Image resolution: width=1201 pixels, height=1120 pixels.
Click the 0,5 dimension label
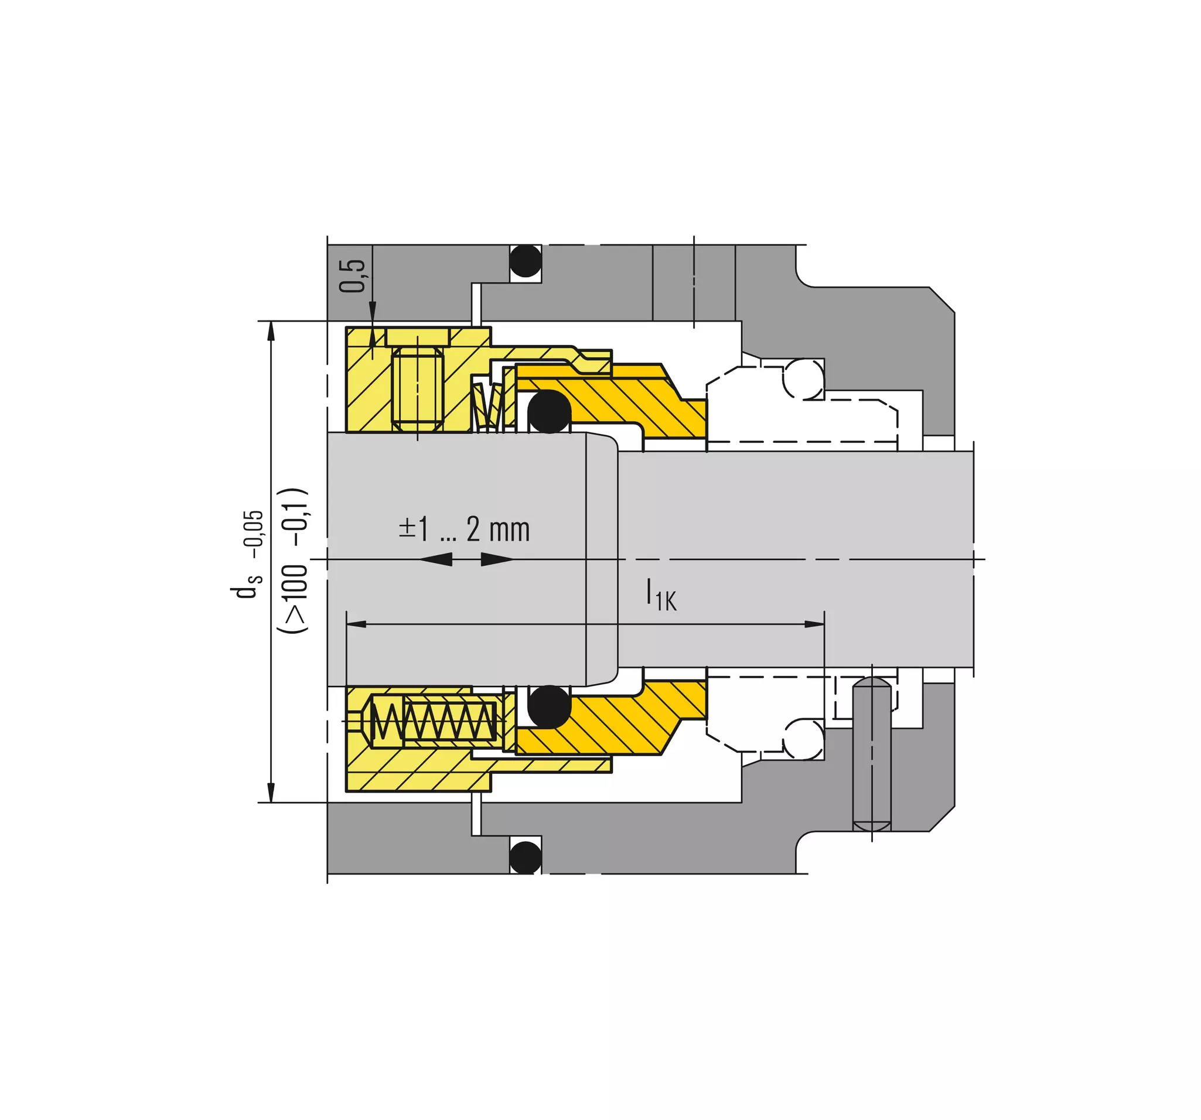coord(352,275)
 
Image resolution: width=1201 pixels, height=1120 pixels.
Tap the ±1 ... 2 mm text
coord(464,529)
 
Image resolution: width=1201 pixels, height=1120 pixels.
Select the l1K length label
coord(661,595)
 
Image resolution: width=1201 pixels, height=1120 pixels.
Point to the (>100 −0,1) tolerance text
coord(293,560)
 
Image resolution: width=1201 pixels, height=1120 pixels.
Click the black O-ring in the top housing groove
coord(525,261)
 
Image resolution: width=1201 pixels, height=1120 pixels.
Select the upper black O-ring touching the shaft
coord(548,411)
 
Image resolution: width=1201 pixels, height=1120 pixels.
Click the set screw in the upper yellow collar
coord(418,389)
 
